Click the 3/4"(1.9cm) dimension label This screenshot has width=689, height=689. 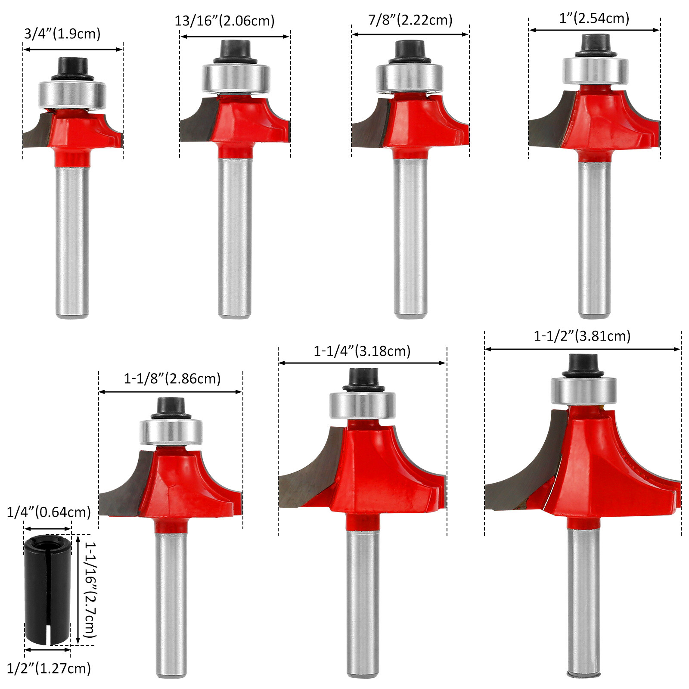coord(62,34)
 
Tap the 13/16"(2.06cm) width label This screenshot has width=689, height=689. coord(224,21)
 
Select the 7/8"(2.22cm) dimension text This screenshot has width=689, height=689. coord(410,20)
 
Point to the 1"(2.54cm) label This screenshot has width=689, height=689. coord(594,18)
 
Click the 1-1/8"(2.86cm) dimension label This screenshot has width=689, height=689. coord(172,379)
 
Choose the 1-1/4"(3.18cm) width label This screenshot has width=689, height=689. coord(362,351)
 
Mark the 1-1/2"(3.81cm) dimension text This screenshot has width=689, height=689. coord(582,336)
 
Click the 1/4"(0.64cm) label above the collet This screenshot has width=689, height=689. coord(49,512)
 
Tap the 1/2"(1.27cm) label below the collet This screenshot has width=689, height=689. coord(49,668)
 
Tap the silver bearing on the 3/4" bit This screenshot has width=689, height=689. coord(72,95)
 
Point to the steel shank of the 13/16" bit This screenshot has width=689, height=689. coord(234,237)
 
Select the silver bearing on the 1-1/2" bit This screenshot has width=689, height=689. coord(583,391)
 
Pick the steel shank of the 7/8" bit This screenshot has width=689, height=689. coord(410,237)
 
